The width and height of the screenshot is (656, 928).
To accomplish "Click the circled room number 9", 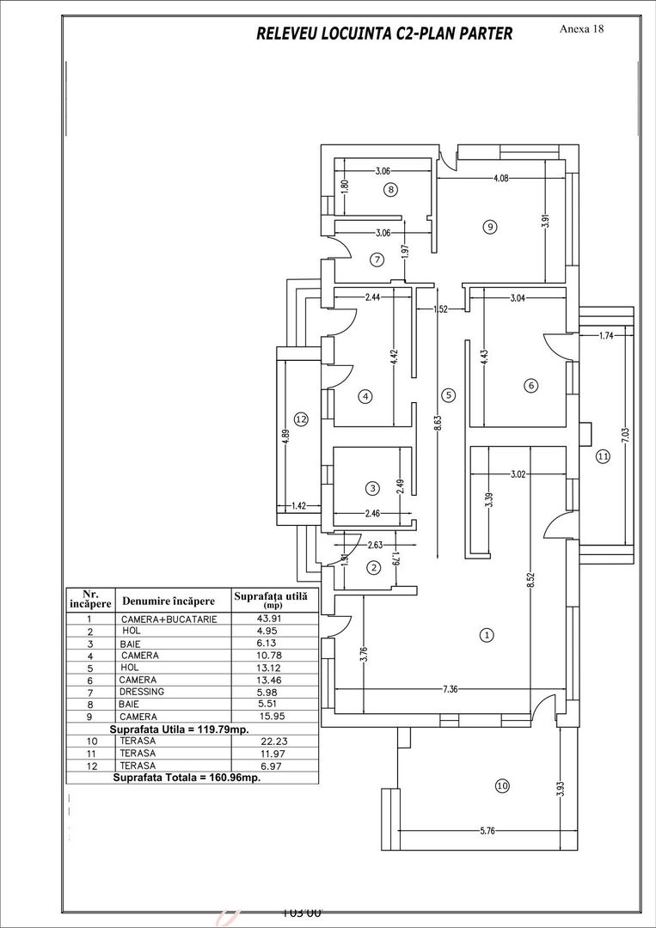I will pyautogui.click(x=489, y=228).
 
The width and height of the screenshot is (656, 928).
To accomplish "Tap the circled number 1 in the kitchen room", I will pyautogui.click(x=487, y=636).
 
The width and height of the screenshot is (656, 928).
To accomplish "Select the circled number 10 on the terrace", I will pyautogui.click(x=501, y=785).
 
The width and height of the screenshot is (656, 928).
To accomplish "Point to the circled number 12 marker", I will pyautogui.click(x=300, y=419).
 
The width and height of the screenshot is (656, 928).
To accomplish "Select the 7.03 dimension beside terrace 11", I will pyautogui.click(x=625, y=435).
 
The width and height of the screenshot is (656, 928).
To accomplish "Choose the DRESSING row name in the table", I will pyautogui.click(x=142, y=691).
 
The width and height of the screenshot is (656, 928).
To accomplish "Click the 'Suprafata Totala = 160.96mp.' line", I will pyautogui.click(x=187, y=777).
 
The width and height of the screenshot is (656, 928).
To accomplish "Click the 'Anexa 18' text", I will pyautogui.click(x=581, y=28).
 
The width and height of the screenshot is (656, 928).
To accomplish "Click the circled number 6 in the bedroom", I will pyautogui.click(x=530, y=386).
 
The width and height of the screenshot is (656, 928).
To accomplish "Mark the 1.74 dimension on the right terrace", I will pyautogui.click(x=607, y=336).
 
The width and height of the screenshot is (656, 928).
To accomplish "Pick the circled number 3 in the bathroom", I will pyautogui.click(x=371, y=488).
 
